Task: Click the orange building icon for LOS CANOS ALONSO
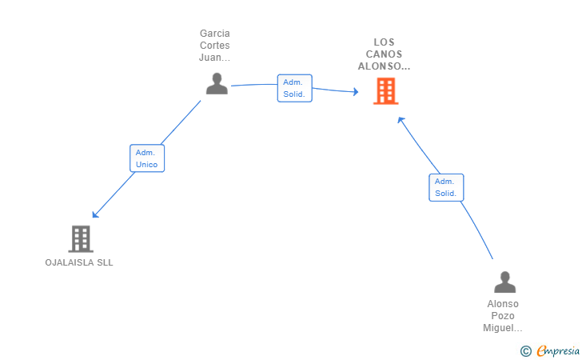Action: click(x=385, y=91)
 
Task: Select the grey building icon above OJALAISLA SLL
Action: click(x=81, y=239)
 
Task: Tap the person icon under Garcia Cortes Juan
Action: click(x=217, y=83)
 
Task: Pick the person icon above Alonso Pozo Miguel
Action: click(x=504, y=282)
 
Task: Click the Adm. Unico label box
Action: click(x=147, y=158)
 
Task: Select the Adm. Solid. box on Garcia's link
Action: click(x=295, y=88)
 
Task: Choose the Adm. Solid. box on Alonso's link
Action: click(x=446, y=188)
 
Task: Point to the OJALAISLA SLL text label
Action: click(x=79, y=262)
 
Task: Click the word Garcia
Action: click(x=215, y=34)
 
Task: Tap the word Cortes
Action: click(x=215, y=46)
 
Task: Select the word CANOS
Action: click(x=385, y=54)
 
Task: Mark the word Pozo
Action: click(x=503, y=316)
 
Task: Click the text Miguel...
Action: click(x=503, y=328)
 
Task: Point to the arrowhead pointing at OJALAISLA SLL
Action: click(x=95, y=214)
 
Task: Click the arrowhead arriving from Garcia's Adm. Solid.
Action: click(x=356, y=91)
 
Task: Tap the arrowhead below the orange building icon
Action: click(x=401, y=120)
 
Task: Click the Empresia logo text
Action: click(x=558, y=350)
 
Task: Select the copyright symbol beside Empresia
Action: click(x=526, y=351)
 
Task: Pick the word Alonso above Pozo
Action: click(x=503, y=304)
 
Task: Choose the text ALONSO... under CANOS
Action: click(x=385, y=66)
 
